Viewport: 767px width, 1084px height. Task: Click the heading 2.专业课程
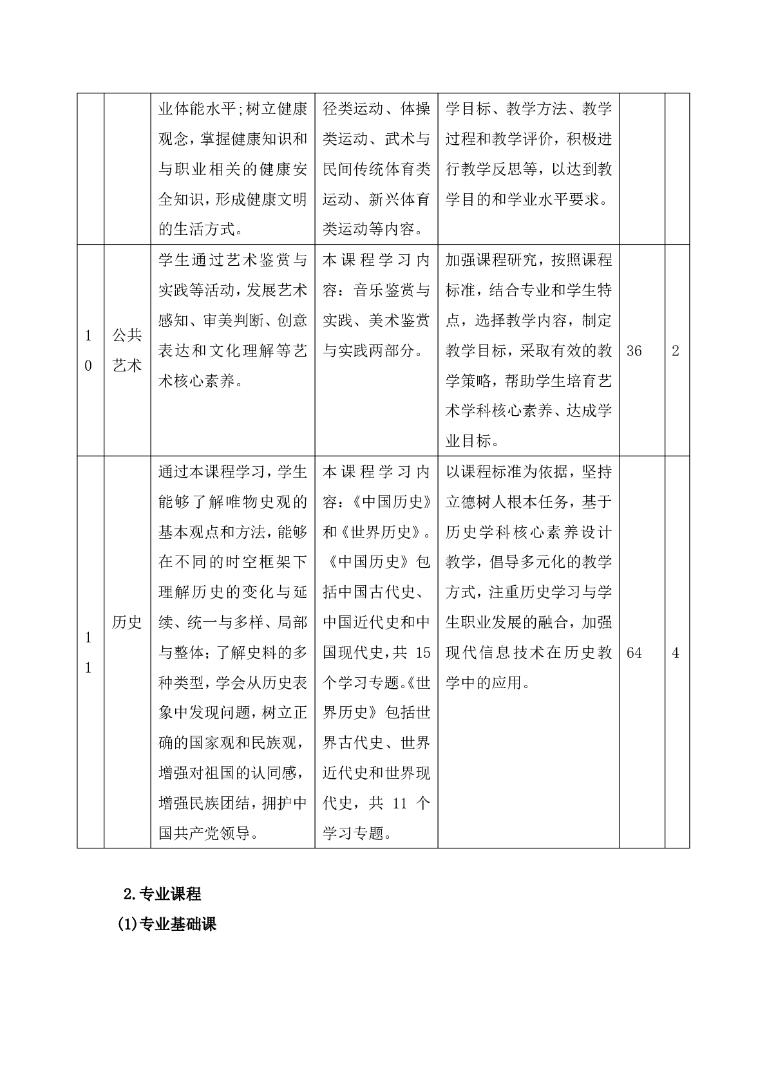point(162,894)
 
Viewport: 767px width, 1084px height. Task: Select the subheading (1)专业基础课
point(167,924)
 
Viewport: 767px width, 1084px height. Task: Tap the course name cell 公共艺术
point(127,350)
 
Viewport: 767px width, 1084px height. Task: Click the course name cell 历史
point(127,622)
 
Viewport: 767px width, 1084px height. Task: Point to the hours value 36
point(634,351)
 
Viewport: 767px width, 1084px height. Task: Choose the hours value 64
point(634,653)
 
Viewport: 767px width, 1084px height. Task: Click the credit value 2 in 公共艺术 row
point(676,351)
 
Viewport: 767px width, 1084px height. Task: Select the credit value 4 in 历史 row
point(676,653)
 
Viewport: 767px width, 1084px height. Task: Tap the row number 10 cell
point(89,350)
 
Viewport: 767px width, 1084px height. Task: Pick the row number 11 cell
point(89,653)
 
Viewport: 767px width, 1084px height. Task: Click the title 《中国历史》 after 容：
point(393,501)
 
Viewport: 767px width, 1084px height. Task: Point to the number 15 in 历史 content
point(422,653)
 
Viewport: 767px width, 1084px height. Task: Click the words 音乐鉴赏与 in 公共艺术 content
point(392,290)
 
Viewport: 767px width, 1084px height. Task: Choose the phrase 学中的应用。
point(488,682)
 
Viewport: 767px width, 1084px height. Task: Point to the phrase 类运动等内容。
point(373,229)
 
